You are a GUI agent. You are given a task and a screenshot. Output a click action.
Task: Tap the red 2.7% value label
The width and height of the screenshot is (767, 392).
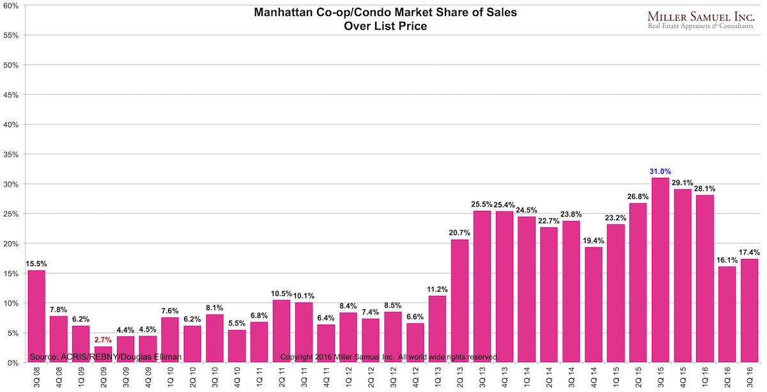(x=104, y=340)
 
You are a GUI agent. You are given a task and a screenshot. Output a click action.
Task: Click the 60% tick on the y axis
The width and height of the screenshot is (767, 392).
(x=12, y=6)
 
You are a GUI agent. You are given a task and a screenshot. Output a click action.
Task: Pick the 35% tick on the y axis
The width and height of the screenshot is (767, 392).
(x=12, y=154)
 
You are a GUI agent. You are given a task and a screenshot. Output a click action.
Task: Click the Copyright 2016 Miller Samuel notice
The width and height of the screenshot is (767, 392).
(x=389, y=356)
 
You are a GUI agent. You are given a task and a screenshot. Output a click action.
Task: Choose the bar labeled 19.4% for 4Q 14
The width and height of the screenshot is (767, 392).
(x=593, y=304)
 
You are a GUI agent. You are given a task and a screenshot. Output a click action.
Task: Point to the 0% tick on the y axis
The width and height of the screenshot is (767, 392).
(x=14, y=363)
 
